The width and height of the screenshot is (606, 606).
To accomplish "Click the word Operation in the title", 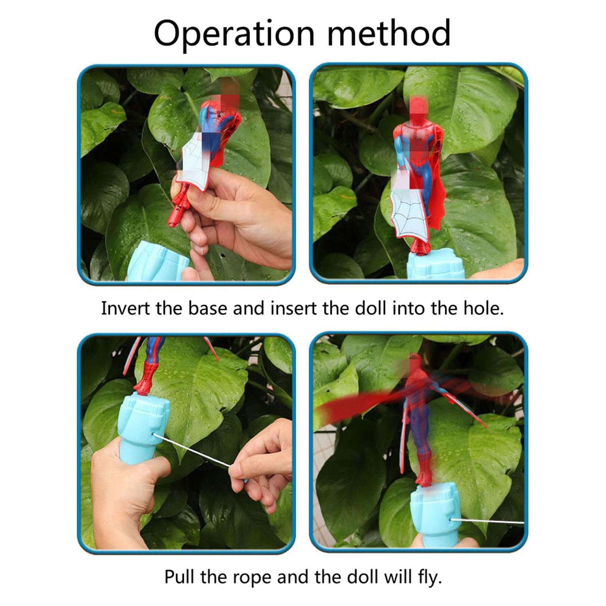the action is [234, 34].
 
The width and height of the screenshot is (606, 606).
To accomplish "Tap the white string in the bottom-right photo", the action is [487, 521].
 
